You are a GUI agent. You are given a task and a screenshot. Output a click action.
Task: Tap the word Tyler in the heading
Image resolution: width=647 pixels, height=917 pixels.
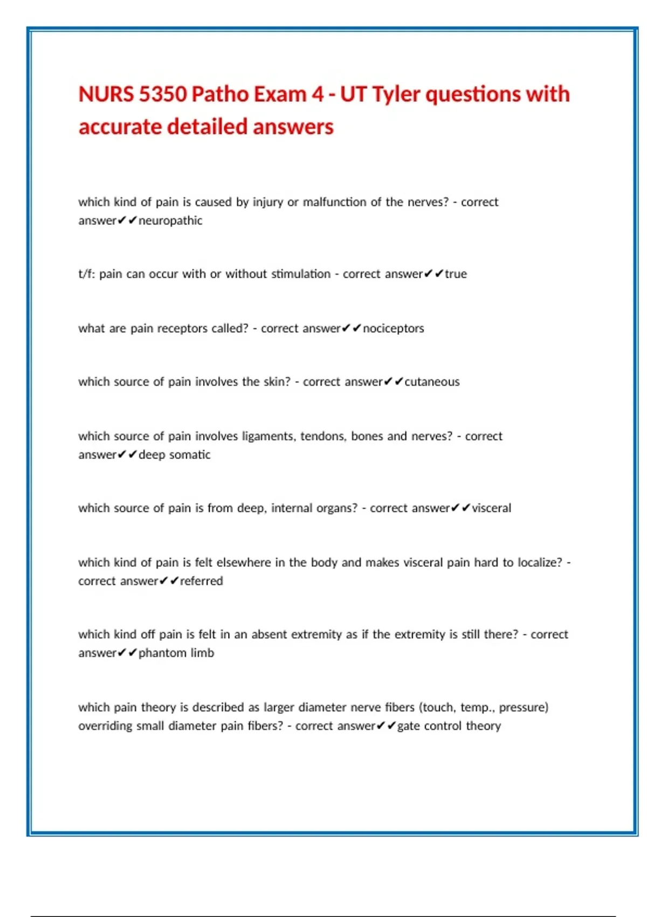[396, 94]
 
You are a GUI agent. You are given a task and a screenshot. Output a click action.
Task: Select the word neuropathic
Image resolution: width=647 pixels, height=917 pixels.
[170, 221]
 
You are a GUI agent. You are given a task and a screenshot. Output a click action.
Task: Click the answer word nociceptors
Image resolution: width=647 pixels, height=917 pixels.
[394, 329]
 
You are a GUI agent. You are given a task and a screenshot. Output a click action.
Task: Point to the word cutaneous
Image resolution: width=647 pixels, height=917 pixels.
[432, 382]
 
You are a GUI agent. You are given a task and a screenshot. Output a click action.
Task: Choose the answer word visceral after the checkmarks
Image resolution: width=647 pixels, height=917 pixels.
[491, 508]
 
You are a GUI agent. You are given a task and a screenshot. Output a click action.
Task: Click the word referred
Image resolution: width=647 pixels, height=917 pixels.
[201, 581]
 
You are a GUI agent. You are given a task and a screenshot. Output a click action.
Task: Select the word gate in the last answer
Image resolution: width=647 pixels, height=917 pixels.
[409, 726]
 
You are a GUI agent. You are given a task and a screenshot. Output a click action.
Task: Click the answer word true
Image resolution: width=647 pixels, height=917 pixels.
[456, 274]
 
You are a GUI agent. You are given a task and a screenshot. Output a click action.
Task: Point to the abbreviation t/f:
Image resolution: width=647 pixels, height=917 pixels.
[87, 274]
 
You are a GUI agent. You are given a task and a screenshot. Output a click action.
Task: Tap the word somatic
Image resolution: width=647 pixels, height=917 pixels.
[190, 455]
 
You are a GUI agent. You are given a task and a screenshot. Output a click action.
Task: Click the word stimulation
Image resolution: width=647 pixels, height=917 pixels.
[300, 274]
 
